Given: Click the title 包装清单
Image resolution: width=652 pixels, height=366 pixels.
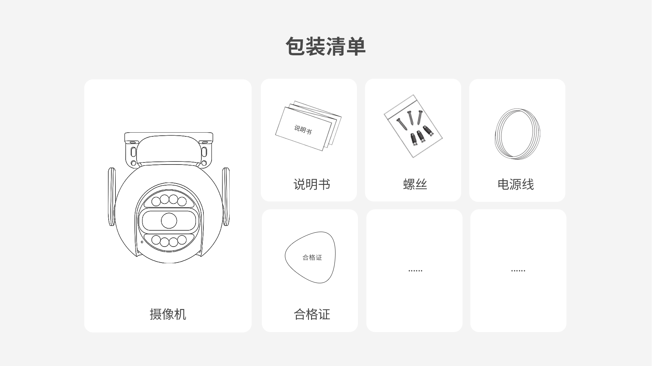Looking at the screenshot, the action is (325, 46).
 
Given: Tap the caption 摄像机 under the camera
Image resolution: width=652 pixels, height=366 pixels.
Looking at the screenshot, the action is (168, 314).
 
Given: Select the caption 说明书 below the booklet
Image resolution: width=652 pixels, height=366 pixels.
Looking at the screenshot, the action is (312, 184).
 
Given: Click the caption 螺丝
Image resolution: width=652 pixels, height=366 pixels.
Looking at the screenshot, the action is (415, 184).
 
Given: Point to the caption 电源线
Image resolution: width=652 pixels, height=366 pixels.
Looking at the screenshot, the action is (515, 184).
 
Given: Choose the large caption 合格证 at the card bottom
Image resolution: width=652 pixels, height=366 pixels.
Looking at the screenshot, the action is (312, 314).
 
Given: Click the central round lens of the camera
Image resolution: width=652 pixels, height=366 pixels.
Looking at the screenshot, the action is (169, 221).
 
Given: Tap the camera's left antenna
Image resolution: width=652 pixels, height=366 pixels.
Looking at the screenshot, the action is (111, 197).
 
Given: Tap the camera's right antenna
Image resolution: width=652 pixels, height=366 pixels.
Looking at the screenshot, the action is (226, 197).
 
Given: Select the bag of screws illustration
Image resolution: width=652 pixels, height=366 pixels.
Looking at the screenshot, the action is (413, 126).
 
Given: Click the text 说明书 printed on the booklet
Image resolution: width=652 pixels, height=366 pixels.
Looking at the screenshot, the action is (303, 129).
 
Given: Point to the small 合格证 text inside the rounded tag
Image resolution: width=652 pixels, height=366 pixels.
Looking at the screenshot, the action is (312, 257).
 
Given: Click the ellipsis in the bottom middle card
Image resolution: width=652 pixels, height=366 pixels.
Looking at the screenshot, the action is (415, 271).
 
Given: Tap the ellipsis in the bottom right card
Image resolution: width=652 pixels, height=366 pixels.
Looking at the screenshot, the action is (518, 271).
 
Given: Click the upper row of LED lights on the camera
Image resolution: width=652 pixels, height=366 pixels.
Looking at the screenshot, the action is (169, 200).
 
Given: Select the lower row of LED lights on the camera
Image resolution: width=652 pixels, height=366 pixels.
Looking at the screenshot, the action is (169, 241).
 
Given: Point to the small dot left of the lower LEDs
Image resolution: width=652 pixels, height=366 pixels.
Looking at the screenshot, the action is (142, 242).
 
